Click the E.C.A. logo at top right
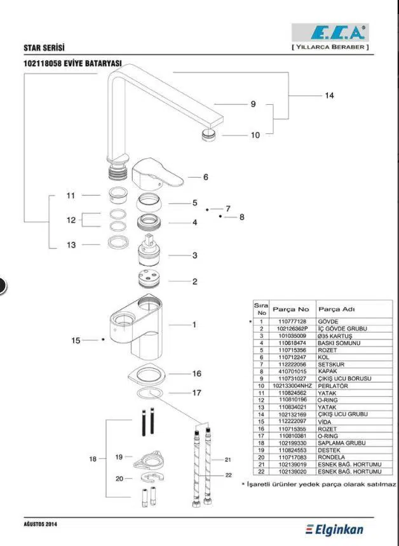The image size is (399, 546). coord(330,33)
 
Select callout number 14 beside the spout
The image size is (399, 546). coord(329,96)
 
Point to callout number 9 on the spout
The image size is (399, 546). coord(253,104)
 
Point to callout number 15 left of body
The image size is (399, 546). coord(76,340)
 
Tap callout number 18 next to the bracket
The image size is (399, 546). coord(92,458)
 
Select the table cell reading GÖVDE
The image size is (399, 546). coord(328,322)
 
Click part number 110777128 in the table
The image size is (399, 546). coord(292,322)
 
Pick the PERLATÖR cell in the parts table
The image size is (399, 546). coord(333,386)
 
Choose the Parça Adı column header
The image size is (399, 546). coord(336,309)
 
